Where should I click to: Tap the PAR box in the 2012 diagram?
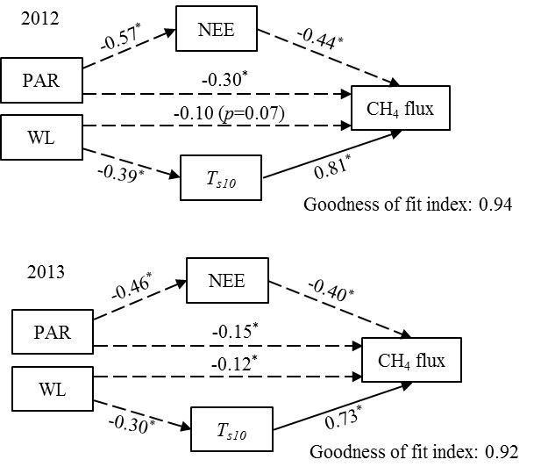[42, 82]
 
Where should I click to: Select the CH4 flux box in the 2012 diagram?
[401, 109]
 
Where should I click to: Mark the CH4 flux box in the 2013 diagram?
[412, 360]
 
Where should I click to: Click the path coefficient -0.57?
[122, 39]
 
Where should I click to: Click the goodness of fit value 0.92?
[503, 454]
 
